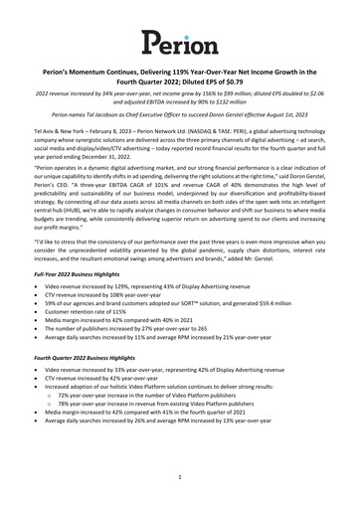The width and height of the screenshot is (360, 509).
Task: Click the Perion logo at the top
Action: [179, 42]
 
